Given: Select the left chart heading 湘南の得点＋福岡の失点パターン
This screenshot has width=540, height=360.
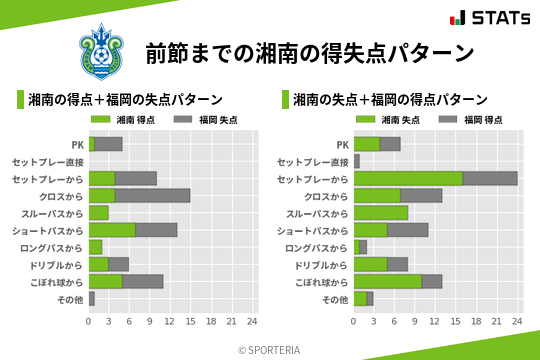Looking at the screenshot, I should coord(125,100).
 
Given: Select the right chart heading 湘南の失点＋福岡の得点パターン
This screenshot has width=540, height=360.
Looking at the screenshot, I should coord(390,100).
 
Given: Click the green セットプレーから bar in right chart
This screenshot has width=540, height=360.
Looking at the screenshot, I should coord(408,178).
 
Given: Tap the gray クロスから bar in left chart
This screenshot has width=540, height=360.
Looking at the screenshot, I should coord(153,195).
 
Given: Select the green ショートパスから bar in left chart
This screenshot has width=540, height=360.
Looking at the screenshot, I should coord(112,229).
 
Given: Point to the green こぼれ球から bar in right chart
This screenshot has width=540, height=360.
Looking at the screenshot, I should coord(388,281).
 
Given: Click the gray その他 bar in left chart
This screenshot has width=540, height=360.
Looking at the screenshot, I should coord(92,298).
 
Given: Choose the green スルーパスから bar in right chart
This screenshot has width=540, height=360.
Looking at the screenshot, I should coord(381,212).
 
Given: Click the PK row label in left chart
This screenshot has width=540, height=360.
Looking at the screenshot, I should coord(77,144).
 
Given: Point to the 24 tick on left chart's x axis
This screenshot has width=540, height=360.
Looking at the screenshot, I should coord(252,321).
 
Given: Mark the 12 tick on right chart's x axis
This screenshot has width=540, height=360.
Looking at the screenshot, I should coord(436,321).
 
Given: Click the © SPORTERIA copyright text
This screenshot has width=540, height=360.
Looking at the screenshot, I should coord(270,349).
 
